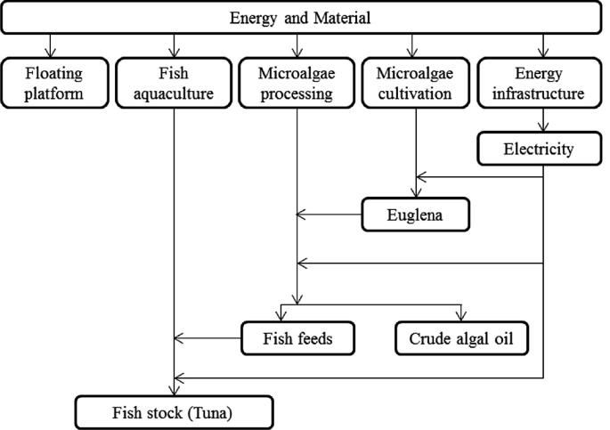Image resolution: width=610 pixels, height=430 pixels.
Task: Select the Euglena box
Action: (x=414, y=214)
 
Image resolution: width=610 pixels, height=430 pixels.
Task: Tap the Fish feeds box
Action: (x=298, y=337)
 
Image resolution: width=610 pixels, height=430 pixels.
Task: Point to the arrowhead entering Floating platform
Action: (x=51, y=50)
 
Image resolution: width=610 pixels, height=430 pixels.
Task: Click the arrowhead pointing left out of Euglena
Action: (x=302, y=214)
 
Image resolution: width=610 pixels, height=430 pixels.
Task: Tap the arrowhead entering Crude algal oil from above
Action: (x=460, y=314)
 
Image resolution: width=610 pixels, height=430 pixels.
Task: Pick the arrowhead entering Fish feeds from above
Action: (x=281, y=314)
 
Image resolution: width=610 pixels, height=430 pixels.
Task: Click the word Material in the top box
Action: (x=345, y=17)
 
